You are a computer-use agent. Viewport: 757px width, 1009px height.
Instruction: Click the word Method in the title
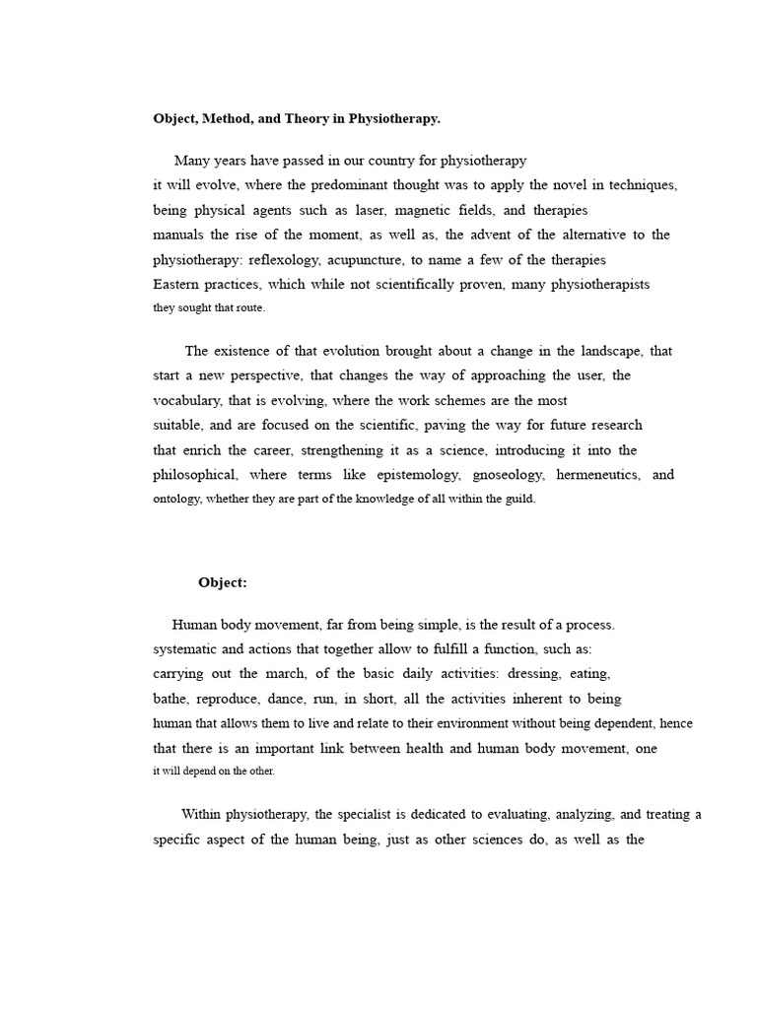click(226, 119)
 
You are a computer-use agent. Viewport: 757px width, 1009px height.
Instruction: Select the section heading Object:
click(223, 582)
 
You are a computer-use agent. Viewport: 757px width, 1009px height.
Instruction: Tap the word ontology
click(177, 500)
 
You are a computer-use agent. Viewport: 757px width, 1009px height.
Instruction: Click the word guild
click(519, 500)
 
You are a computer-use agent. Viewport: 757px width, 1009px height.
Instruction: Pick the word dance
click(285, 699)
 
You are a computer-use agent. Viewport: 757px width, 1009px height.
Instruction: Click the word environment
click(445, 723)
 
